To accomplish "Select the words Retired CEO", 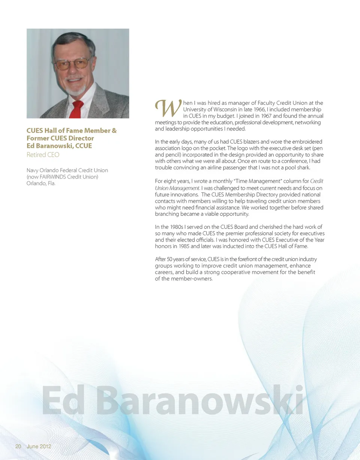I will tap(43, 155).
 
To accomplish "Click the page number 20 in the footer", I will tap(18, 447).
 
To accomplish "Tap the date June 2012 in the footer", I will tap(39, 447).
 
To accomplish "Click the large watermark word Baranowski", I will tap(202, 401).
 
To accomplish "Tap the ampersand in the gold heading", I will tap(114, 131).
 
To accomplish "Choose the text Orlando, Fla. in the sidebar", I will tap(41, 184).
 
